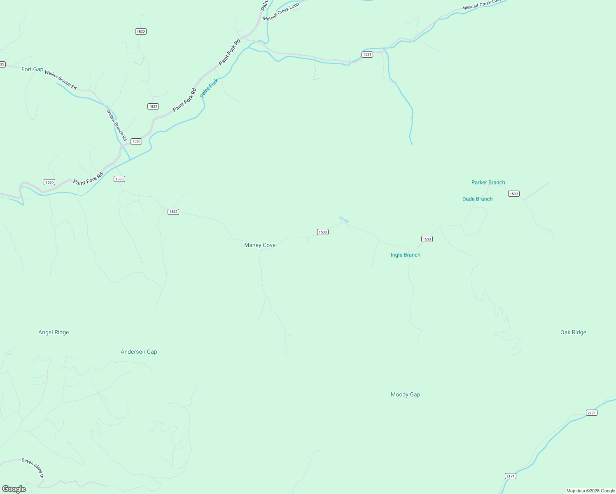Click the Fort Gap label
(x=32, y=69)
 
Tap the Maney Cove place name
(x=260, y=245)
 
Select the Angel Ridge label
(x=54, y=332)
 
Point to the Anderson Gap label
(x=139, y=352)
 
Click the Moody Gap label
(x=405, y=394)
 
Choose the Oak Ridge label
(x=573, y=332)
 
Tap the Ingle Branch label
(x=405, y=255)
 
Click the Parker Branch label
(x=488, y=182)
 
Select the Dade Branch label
(x=477, y=199)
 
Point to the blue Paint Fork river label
(x=209, y=88)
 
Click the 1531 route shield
(x=367, y=54)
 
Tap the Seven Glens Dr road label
(x=33, y=468)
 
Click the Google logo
(x=14, y=489)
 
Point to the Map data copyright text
(x=590, y=491)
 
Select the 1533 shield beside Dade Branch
(x=513, y=193)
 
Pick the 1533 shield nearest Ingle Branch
(x=427, y=239)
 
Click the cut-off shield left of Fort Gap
(x=2, y=64)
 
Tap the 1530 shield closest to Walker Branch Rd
(x=136, y=141)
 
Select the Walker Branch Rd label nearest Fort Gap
(x=61, y=80)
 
